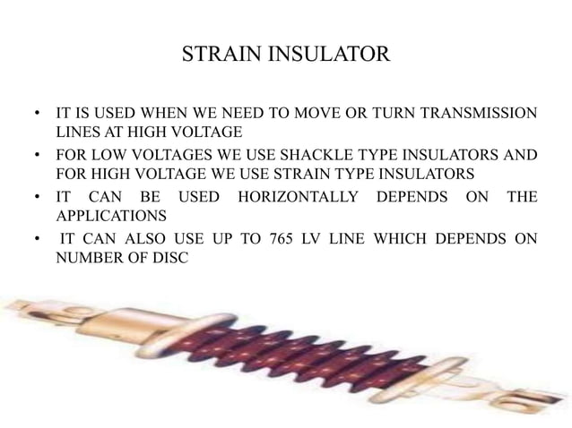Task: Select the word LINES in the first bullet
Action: coord(77,134)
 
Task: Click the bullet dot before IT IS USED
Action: coord(37,116)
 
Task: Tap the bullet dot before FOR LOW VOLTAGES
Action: coord(37,156)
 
